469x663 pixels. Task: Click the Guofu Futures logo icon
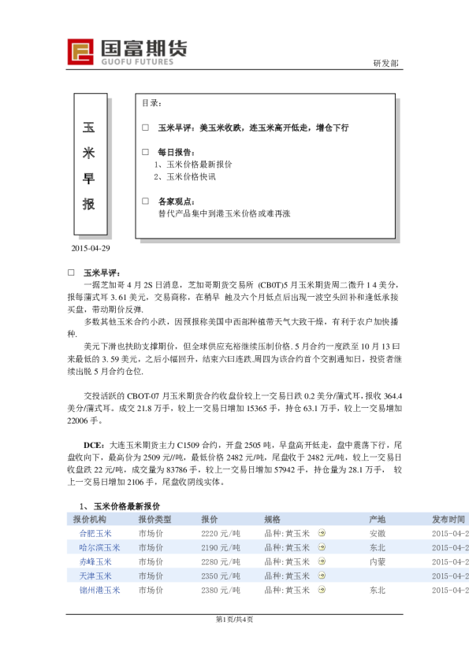click(81, 52)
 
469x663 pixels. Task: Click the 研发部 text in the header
click(385, 64)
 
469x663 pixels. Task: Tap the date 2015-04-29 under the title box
click(91, 248)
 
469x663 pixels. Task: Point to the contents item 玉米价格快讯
click(188, 177)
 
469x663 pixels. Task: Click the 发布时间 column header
click(448, 520)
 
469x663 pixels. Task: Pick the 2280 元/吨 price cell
click(220, 561)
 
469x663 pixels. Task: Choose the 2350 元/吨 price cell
click(220, 576)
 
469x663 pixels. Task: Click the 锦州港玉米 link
click(99, 590)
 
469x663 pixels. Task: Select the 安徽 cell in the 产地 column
click(377, 533)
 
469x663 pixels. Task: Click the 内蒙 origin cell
click(377, 561)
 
